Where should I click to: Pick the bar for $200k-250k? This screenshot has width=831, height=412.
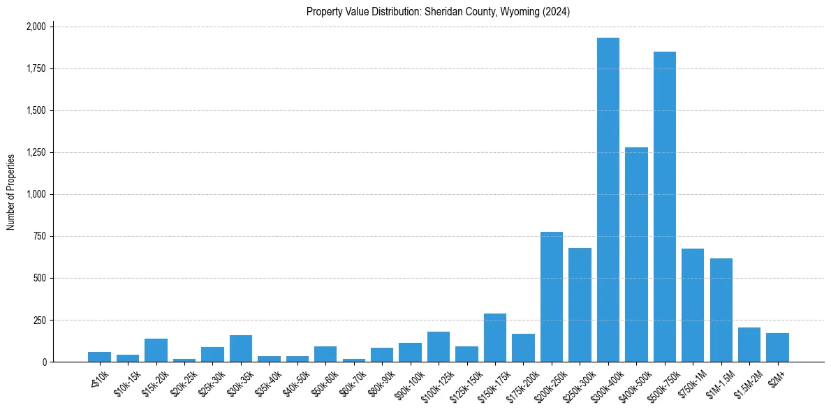551,297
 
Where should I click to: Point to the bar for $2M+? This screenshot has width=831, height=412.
777,348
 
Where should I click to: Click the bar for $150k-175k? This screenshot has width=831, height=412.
494,338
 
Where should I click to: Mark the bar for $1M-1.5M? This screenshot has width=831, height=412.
721,310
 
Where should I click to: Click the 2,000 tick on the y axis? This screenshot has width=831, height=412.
36,27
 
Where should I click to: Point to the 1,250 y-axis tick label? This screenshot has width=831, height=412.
36,152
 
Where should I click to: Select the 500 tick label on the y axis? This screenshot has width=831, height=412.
41,278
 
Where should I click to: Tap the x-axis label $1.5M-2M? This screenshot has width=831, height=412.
747,381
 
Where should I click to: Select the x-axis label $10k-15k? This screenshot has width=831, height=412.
125,379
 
